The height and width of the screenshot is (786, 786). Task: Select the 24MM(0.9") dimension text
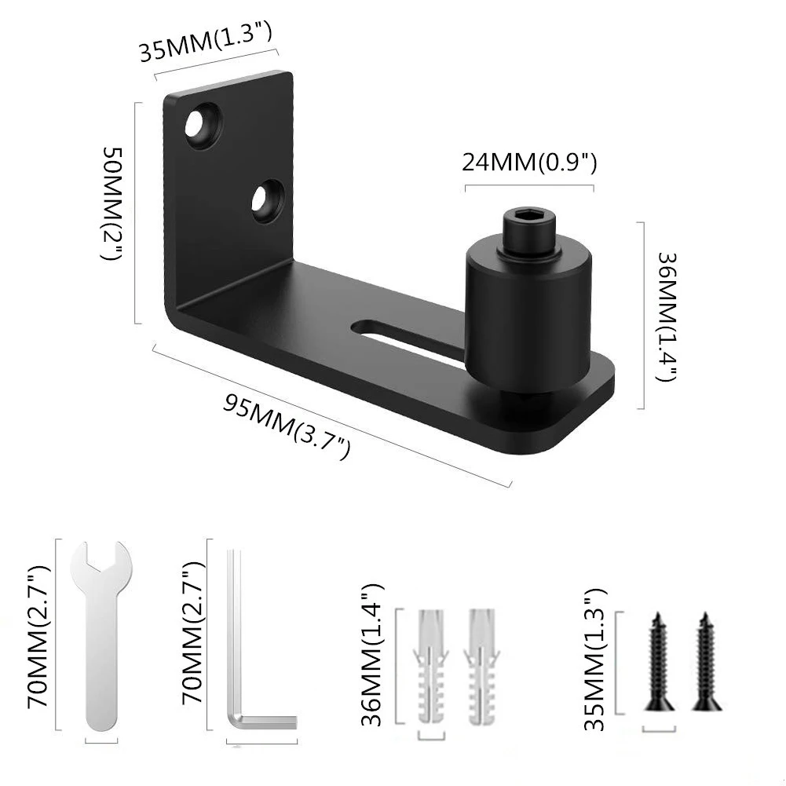[x=529, y=163]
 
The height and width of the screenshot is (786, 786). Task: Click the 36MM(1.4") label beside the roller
[x=667, y=316]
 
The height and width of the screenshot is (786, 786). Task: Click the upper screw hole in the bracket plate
[x=203, y=126]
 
